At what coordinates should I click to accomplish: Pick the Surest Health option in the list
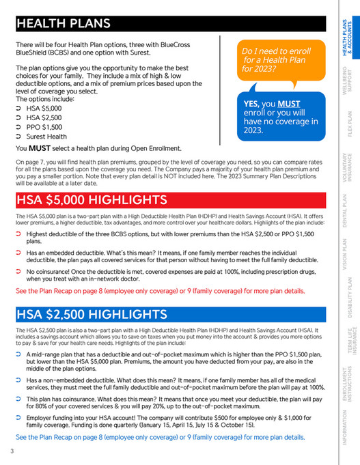coord(48,137)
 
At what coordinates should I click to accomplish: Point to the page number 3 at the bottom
coord(12,451)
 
